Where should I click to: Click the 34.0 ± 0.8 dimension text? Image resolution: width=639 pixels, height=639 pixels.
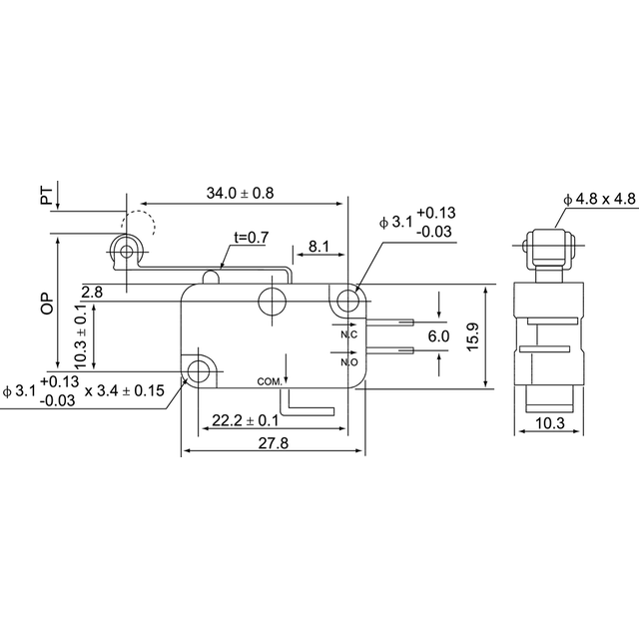pyautogui.click(x=240, y=193)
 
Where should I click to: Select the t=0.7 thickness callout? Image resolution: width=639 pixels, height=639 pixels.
pyautogui.click(x=252, y=237)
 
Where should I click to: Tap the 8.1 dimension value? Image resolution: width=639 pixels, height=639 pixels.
pyautogui.click(x=319, y=247)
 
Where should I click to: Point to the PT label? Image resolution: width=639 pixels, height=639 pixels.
pyautogui.click(x=47, y=196)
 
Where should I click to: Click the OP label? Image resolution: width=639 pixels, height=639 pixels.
pyautogui.click(x=47, y=304)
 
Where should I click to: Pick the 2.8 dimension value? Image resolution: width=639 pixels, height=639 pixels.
pyautogui.click(x=92, y=293)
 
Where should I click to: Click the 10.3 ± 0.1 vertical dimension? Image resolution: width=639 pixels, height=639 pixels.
pyautogui.click(x=81, y=336)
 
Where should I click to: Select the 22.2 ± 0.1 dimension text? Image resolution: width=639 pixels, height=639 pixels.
pyautogui.click(x=246, y=420)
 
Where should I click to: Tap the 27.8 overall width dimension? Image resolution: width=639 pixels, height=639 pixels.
pyautogui.click(x=273, y=443)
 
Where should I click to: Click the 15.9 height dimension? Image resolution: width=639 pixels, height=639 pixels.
pyautogui.click(x=472, y=336)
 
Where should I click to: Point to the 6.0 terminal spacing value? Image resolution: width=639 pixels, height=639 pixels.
pyautogui.click(x=439, y=336)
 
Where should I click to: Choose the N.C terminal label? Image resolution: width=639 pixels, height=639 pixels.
pyautogui.click(x=349, y=334)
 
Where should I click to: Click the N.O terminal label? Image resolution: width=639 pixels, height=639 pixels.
pyautogui.click(x=349, y=361)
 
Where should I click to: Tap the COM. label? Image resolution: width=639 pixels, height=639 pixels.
pyautogui.click(x=270, y=381)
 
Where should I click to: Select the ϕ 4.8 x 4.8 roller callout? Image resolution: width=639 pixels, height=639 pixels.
pyautogui.click(x=599, y=199)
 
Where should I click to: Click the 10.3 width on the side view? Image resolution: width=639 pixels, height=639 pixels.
pyautogui.click(x=550, y=423)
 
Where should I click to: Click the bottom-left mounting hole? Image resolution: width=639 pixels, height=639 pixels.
pyautogui.click(x=198, y=371)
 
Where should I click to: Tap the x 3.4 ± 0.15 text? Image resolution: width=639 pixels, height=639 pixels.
pyautogui.click(x=124, y=390)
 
